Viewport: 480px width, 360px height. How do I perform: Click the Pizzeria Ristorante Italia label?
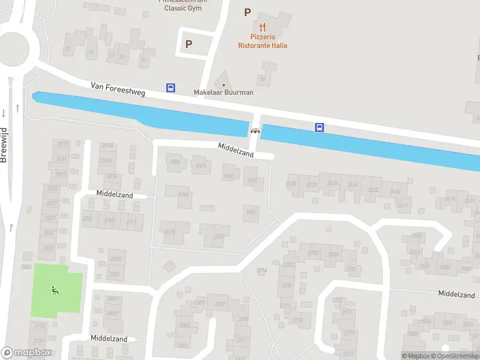[x=262, y=41]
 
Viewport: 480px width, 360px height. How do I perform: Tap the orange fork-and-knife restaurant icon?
[x=262, y=27]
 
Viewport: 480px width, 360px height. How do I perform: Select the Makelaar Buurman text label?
[x=223, y=92]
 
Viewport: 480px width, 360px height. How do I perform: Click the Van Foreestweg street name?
[x=118, y=90]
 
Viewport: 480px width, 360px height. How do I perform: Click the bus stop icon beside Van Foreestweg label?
[x=171, y=88]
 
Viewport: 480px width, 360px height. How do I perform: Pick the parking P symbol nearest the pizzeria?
[x=247, y=12]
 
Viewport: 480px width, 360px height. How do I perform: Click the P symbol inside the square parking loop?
[x=188, y=44]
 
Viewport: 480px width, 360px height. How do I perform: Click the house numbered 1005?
[x=201, y=166]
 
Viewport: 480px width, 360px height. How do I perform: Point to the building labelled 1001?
[x=252, y=180]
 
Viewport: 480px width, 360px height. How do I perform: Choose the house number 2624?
[x=353, y=185]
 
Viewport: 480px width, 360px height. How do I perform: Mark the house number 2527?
[x=52, y=203]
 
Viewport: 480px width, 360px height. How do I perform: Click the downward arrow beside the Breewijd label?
[x=4, y=112]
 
